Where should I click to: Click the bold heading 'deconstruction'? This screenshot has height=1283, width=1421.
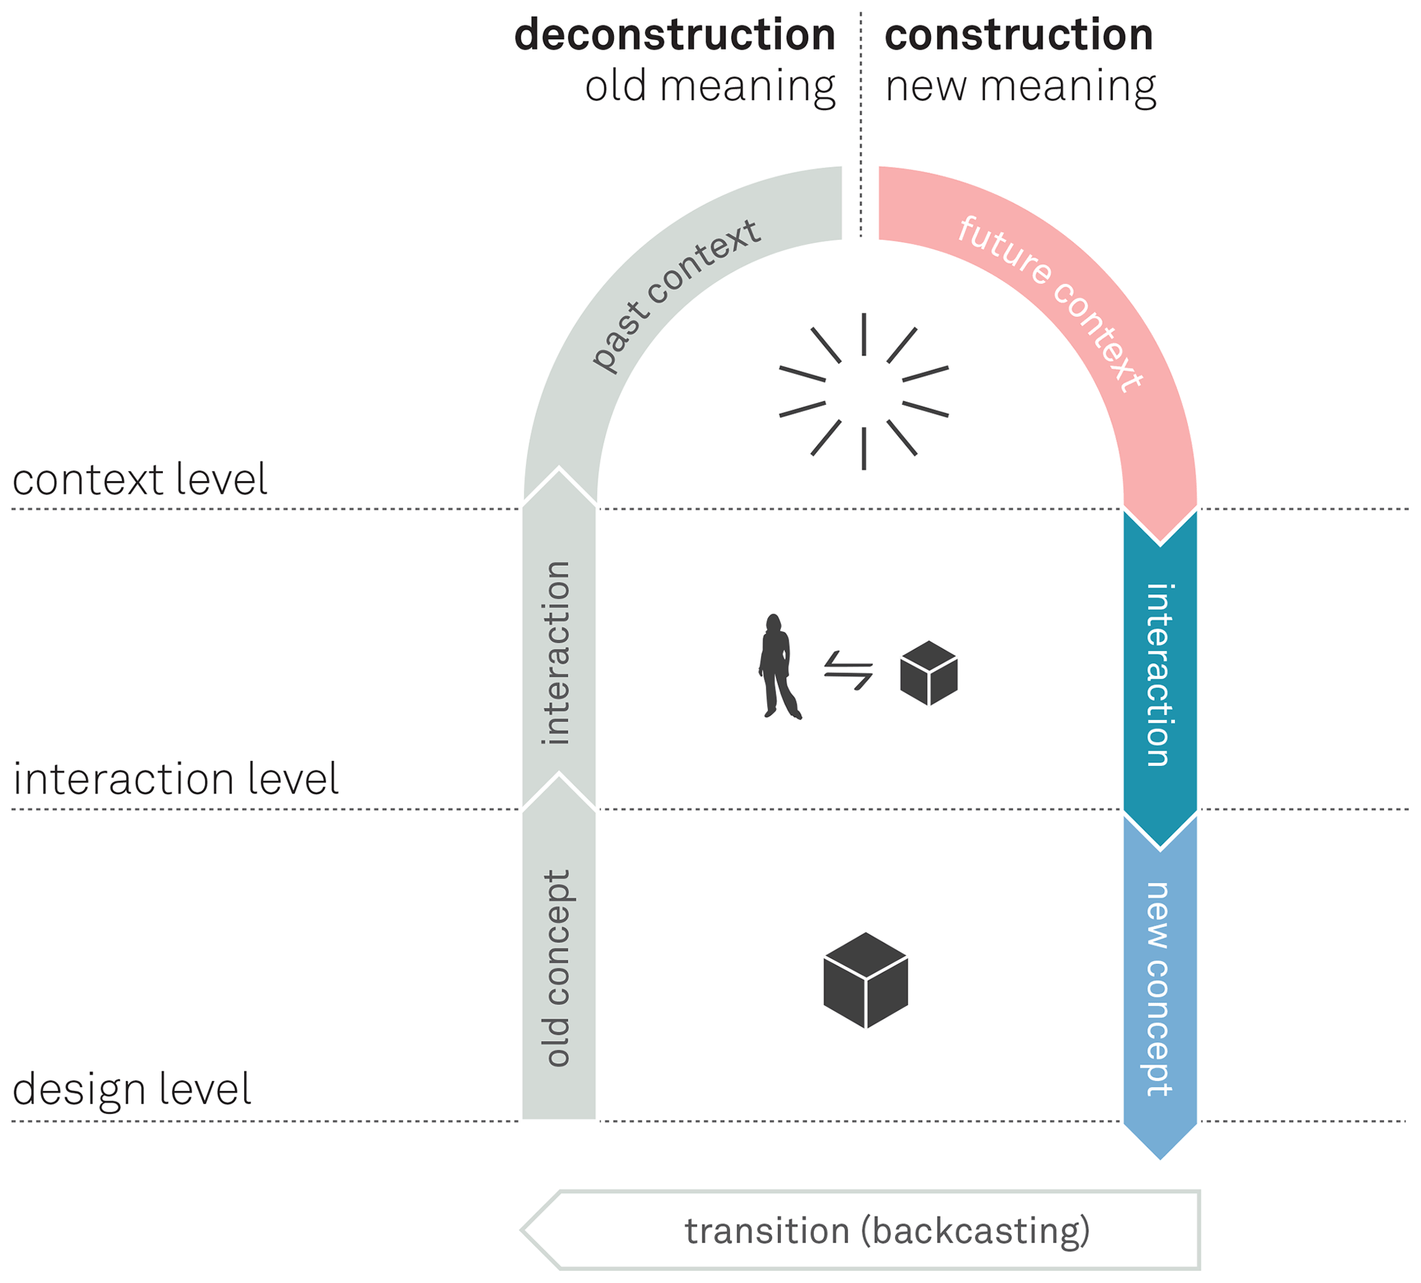[674, 35]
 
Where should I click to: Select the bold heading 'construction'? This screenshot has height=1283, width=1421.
[1019, 35]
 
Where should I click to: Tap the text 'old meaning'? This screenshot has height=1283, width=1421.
[709, 87]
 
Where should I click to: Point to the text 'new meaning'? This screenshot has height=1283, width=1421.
[1021, 87]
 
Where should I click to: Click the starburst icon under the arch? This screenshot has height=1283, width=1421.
[863, 391]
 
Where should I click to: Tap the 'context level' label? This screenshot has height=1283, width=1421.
[140, 480]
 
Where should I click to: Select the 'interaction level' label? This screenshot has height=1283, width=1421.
[175, 779]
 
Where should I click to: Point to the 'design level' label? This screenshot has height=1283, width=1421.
[132, 1089]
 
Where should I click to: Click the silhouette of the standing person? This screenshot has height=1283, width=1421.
[778, 666]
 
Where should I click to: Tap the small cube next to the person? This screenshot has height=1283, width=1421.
[929, 672]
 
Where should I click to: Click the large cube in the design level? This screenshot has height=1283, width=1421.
[866, 980]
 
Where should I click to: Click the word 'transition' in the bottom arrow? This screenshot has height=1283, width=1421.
[767, 1231]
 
